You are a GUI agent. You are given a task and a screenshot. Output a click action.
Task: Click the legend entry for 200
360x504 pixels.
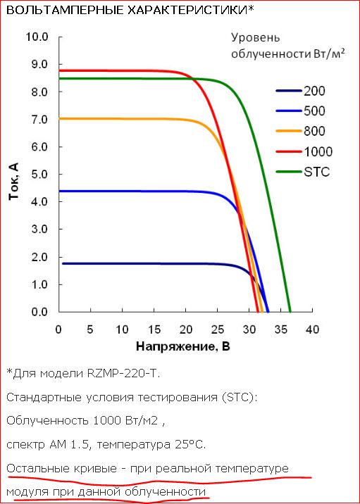[x=301, y=91]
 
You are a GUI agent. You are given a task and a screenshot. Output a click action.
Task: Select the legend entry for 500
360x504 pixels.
[x=301, y=111]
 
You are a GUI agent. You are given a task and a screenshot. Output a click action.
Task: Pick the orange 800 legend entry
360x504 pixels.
[x=301, y=131]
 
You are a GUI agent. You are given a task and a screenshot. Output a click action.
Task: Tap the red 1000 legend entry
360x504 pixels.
[x=304, y=151]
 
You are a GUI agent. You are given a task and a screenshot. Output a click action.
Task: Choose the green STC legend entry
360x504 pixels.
[x=303, y=172]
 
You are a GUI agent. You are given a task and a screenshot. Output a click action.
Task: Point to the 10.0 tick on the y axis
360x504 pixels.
[x=37, y=37]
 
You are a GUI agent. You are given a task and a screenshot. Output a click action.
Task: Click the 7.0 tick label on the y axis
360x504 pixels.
[x=39, y=120]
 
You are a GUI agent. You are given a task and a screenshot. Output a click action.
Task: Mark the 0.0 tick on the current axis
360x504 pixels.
[x=39, y=312]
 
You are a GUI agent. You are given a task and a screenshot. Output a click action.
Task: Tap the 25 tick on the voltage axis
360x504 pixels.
[x=218, y=329]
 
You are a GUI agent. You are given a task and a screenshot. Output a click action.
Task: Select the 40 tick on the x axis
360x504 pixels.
[x=312, y=329]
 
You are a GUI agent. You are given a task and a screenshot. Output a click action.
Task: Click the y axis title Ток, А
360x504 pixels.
[x=14, y=181]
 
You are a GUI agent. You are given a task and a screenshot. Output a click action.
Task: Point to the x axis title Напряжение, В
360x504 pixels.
[x=183, y=346]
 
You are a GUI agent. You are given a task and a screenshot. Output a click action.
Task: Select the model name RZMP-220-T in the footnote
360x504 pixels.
[x=123, y=374]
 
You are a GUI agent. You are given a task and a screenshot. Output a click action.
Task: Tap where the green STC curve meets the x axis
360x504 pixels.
[x=290, y=311]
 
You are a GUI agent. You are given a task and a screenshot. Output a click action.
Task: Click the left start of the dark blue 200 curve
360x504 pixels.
[x=63, y=263]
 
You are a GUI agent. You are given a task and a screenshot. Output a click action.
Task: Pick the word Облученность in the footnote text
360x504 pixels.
[x=48, y=421]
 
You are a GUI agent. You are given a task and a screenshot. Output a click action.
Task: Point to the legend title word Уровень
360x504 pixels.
[x=256, y=38]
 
